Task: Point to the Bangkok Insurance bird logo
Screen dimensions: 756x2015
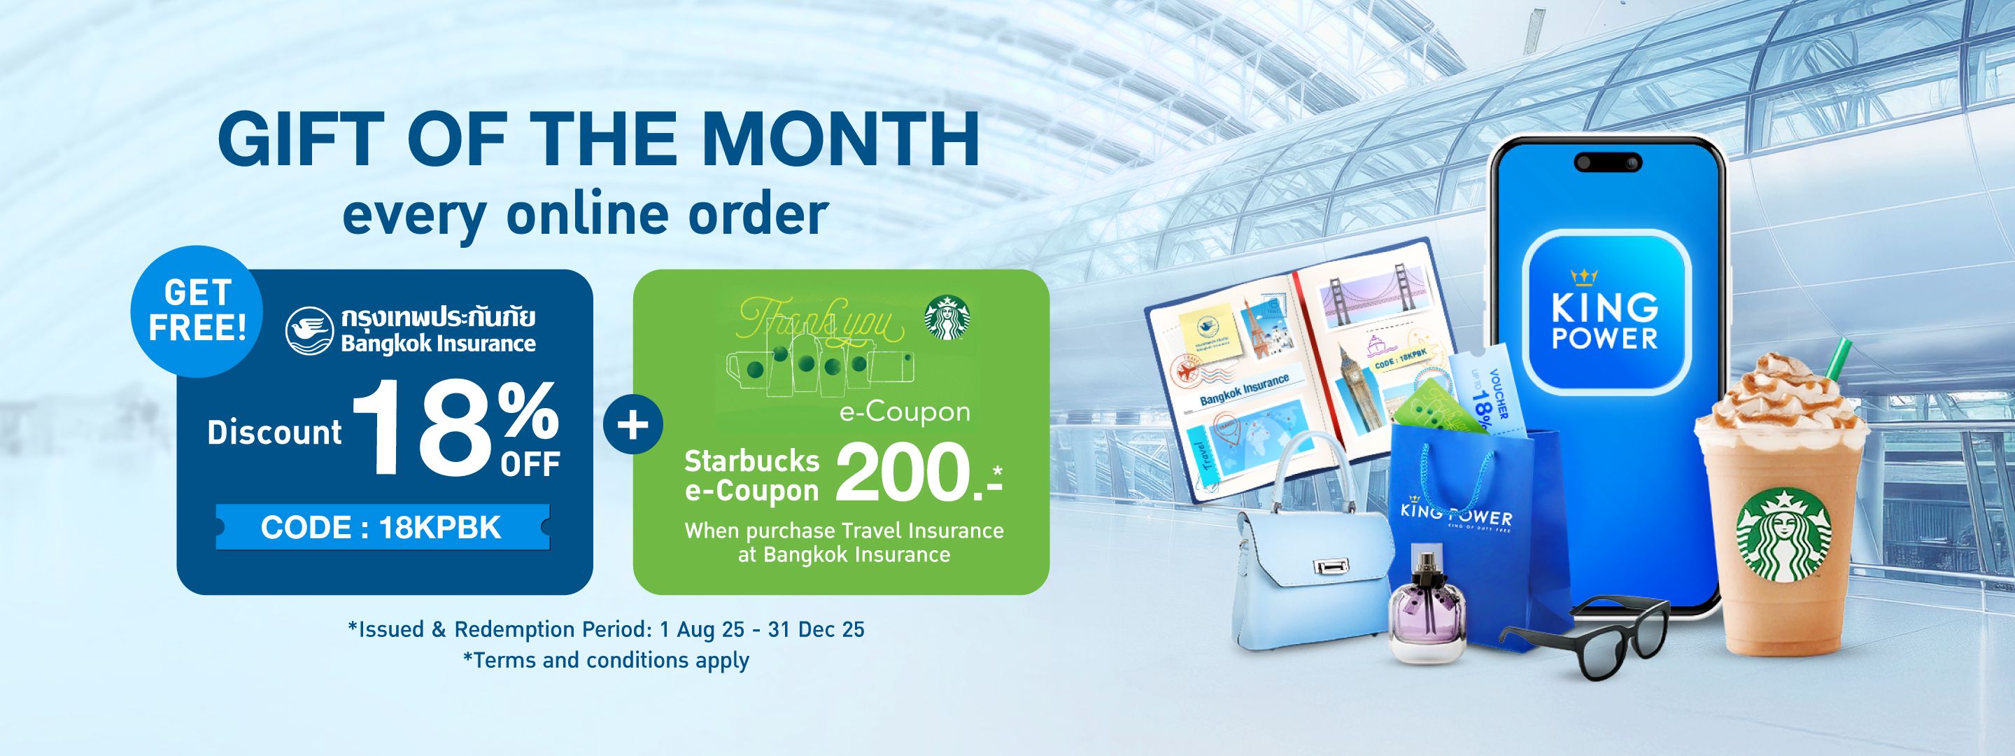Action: pyautogui.click(x=309, y=334)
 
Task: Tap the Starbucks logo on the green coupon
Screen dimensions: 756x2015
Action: pyautogui.click(x=943, y=318)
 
